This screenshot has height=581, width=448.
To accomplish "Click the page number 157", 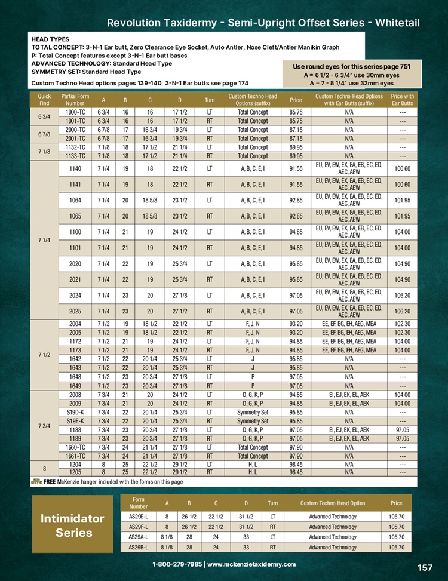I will coord(424,567).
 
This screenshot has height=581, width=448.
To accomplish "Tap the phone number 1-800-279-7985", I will coord(177,564).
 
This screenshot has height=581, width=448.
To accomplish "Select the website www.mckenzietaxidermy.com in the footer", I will coord(251,564).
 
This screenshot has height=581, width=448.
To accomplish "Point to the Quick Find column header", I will coord(44,99).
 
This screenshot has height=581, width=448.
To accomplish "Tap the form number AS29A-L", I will coord(139,537).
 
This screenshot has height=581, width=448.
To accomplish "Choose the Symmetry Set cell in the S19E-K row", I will coord(253,421).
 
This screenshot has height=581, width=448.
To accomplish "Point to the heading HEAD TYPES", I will coord(50,39).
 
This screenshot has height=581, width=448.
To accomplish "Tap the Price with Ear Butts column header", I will coord(403,99).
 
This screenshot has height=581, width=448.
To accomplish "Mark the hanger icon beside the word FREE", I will coord(36,481).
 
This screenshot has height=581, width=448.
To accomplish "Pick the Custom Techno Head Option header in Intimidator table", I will coord(333,503).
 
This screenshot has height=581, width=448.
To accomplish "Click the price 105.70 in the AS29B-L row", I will coord(396,547).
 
